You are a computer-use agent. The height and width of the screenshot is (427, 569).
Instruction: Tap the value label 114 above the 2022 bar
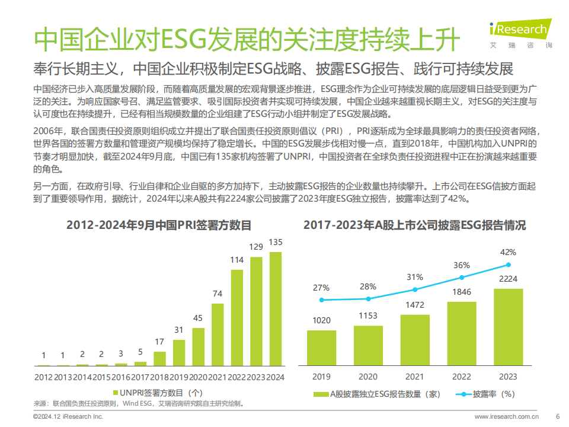point(237,260)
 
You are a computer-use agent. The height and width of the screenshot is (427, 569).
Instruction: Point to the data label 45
point(198,317)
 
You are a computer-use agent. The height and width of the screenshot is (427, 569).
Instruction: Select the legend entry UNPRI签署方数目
point(157,393)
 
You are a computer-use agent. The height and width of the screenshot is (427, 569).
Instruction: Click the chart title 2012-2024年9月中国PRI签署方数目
point(159,225)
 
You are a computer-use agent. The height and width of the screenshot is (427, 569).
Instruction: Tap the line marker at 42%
point(508,265)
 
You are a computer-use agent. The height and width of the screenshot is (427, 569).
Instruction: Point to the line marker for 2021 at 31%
point(415,289)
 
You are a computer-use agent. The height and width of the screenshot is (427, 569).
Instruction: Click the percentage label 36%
point(462,265)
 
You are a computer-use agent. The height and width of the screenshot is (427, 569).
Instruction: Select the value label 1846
point(462,292)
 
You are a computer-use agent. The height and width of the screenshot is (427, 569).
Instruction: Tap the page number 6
point(557,417)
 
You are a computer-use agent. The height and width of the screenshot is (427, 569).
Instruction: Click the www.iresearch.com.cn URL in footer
point(507,417)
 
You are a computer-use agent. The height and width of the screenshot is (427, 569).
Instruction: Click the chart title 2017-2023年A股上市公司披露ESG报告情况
point(414,225)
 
